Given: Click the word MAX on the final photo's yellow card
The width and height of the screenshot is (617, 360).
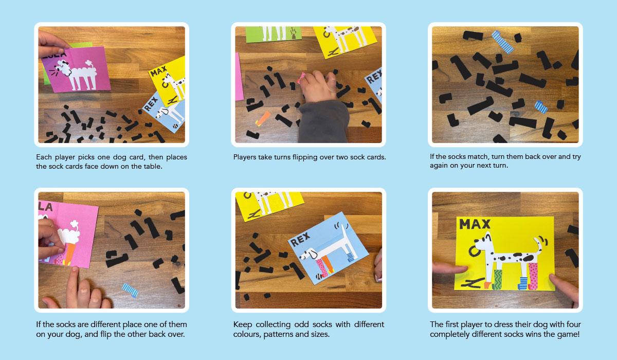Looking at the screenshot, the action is coord(475,224).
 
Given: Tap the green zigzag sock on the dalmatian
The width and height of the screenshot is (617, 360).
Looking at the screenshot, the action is coord(498,279).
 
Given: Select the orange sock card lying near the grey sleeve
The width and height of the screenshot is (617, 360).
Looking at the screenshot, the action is coord(263,118).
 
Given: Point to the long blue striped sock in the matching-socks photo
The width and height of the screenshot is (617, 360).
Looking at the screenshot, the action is coord(503,42).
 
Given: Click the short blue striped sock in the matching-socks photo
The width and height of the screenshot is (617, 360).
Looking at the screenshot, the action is coord(541,107).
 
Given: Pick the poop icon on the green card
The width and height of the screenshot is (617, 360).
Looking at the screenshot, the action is coord(294,33).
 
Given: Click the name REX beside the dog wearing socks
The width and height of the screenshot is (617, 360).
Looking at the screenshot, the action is coord(300,239).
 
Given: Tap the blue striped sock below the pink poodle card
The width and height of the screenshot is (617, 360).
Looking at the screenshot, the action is coord(130,290).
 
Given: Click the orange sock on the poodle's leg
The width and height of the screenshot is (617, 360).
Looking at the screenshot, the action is coord(69,254).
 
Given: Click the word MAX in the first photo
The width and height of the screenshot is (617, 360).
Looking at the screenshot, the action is coord(158,71).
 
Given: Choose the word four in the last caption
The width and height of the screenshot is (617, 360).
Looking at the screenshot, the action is coord(572,325).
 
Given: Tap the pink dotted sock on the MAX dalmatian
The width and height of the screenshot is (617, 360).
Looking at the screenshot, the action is coord(533,276).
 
